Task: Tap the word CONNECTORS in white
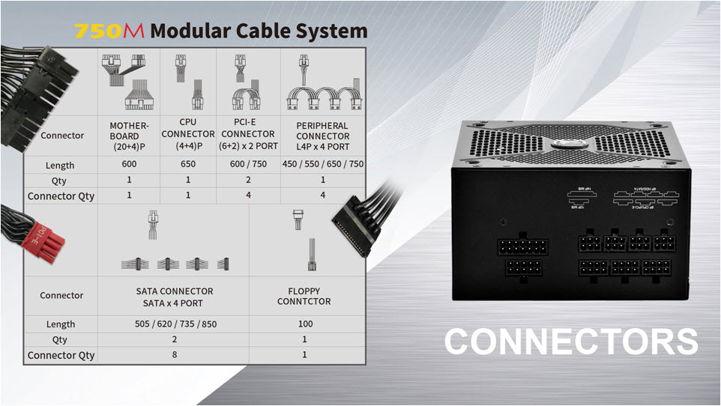(x=571, y=342)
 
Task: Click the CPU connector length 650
(x=187, y=165)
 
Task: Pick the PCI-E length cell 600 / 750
(x=247, y=165)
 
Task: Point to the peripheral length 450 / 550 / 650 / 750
(x=323, y=165)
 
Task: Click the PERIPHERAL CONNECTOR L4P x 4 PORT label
(x=323, y=136)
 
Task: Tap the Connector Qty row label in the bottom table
(x=61, y=355)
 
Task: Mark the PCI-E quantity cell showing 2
(x=247, y=180)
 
